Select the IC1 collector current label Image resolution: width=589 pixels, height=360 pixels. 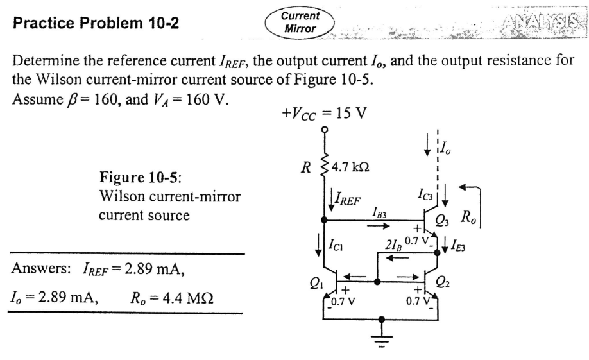[x=336, y=243]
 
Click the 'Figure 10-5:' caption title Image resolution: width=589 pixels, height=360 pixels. [x=134, y=176]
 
